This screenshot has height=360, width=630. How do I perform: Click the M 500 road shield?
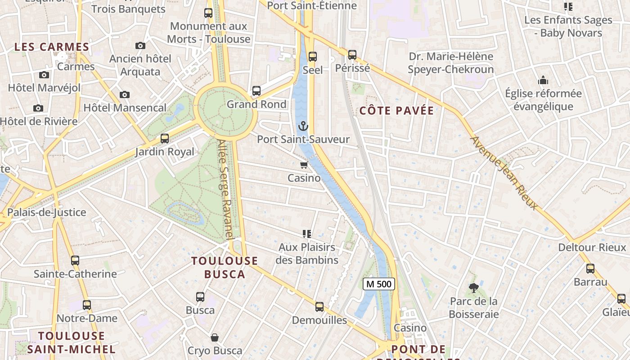pyautogui.click(x=379, y=284)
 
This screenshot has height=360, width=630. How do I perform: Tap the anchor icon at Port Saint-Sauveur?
pyautogui.click(x=303, y=126)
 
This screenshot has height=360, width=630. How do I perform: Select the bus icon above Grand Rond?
pyautogui.click(x=256, y=91)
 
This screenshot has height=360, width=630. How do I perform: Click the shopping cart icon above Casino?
pyautogui.click(x=304, y=165)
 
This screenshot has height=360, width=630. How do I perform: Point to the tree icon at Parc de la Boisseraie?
pyautogui.click(x=473, y=288)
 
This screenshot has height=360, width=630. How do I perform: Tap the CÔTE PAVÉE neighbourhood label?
pyautogui.click(x=396, y=111)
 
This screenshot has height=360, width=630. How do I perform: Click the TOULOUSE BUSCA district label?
pyautogui.click(x=225, y=267)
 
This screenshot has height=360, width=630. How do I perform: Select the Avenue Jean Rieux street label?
pyautogui.click(x=504, y=173)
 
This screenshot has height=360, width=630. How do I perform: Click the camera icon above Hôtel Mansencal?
pyautogui.click(x=125, y=94)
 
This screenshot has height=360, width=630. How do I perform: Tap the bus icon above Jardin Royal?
pyautogui.click(x=165, y=139)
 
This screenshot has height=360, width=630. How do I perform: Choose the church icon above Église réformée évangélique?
pyautogui.click(x=543, y=81)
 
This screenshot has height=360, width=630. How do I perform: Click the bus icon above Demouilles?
pyautogui.click(x=319, y=307)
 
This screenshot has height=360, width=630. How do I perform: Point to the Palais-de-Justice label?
pyautogui.click(x=46, y=212)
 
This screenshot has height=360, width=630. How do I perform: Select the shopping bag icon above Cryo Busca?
pyautogui.click(x=215, y=337)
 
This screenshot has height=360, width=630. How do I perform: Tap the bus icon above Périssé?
pyautogui.click(x=352, y=55)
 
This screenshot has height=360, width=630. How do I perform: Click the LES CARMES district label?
pyautogui.click(x=52, y=47)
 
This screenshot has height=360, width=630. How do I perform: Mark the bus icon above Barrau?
pyautogui.click(x=590, y=269)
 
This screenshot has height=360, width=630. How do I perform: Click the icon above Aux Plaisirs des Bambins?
pyautogui.click(x=307, y=234)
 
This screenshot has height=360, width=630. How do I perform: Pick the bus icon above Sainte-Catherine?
pyautogui.click(x=75, y=260)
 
